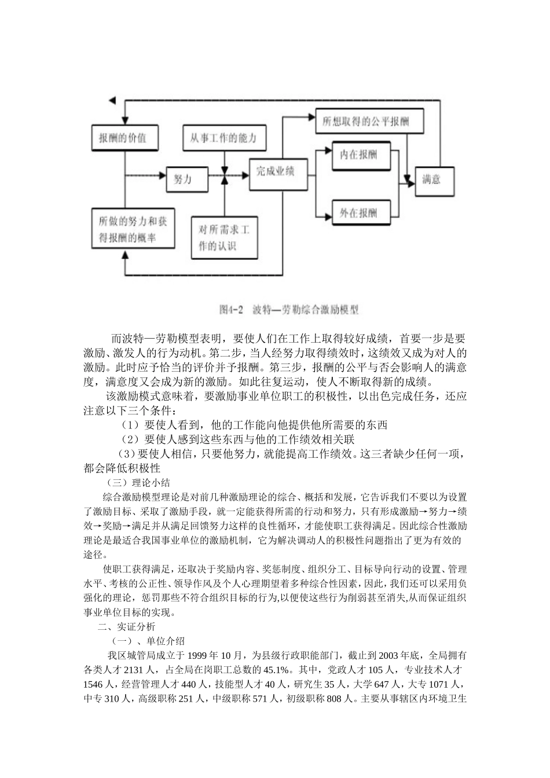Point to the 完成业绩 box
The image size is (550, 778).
(x=276, y=173)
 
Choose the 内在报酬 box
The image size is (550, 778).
(x=358, y=155)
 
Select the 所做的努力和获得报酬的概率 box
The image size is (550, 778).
(x=133, y=229)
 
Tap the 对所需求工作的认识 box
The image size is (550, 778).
(x=225, y=237)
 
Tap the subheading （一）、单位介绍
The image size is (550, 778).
(x=148, y=641)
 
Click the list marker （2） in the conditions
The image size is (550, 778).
(x=131, y=439)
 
